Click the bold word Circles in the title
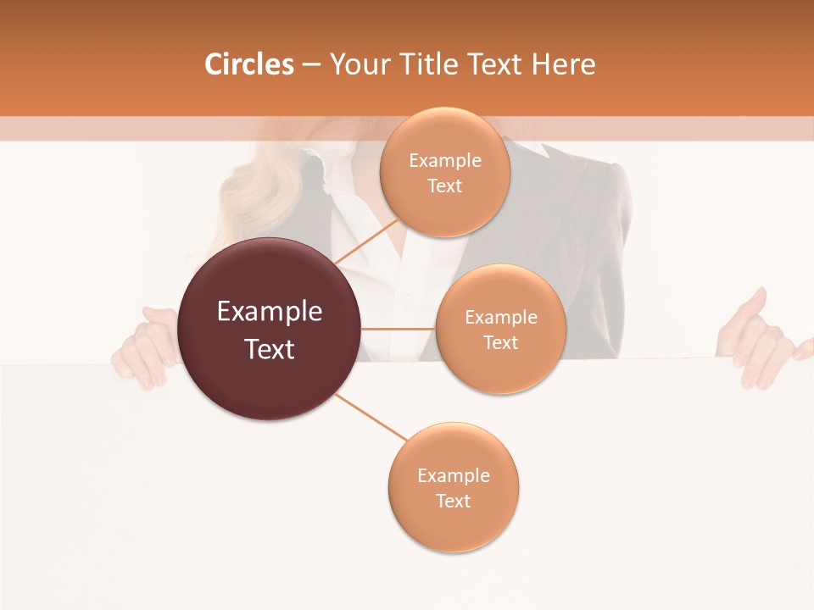(249, 64)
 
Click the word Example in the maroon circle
(270, 312)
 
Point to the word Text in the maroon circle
(270, 349)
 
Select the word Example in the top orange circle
(445, 161)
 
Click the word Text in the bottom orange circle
(453, 502)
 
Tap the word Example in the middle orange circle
(500, 318)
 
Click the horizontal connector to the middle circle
(399, 329)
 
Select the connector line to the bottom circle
(371, 417)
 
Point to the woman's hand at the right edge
(759, 343)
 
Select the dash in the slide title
(311, 65)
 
